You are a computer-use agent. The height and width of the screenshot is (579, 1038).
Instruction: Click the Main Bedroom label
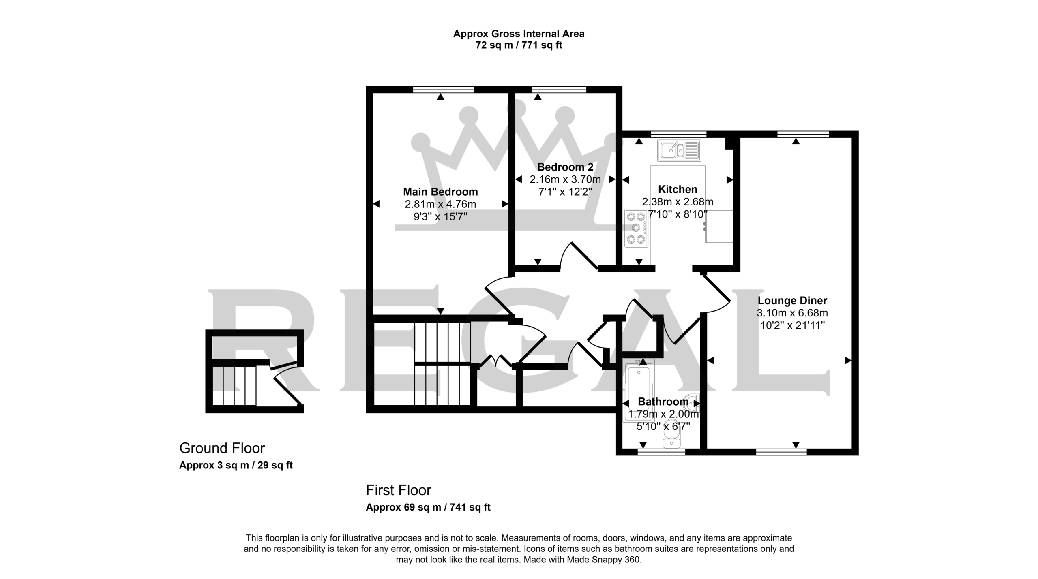click(x=440, y=192)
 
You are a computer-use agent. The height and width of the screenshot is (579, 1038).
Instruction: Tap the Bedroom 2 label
click(x=565, y=167)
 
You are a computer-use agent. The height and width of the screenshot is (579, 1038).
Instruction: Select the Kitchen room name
click(x=678, y=189)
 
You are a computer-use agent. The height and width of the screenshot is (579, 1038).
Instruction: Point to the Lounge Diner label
click(x=792, y=301)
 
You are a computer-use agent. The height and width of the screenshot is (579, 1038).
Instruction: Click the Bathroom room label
click(x=663, y=402)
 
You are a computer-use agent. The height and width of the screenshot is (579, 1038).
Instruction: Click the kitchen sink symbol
click(x=679, y=151)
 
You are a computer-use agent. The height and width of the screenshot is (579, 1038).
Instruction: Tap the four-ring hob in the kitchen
click(x=636, y=228)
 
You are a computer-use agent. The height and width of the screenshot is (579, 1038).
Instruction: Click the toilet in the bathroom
click(x=671, y=438)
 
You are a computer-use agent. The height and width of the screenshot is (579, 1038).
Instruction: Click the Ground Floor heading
click(x=222, y=448)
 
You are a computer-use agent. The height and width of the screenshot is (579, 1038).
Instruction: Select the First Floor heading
click(x=398, y=490)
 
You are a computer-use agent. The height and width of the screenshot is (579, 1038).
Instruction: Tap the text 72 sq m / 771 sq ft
click(x=519, y=45)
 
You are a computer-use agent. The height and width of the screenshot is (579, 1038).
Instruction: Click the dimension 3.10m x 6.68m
click(x=792, y=313)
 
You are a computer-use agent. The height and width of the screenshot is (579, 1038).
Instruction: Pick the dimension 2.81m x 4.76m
click(x=440, y=204)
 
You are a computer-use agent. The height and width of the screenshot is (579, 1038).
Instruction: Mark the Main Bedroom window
click(x=444, y=90)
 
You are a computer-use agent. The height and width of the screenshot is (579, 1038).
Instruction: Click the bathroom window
click(x=661, y=452)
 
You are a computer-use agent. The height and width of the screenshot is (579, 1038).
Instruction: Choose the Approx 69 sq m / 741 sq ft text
click(x=428, y=507)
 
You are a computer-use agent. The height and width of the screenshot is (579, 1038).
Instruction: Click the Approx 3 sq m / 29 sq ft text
click(x=236, y=465)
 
